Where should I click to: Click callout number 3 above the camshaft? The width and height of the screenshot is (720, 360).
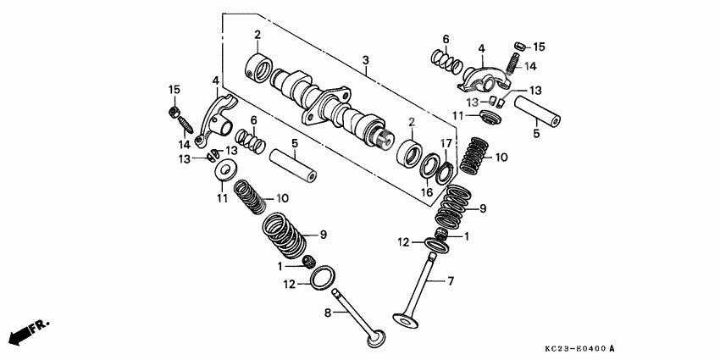click(x=365, y=61)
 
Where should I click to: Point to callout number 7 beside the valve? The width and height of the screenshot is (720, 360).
click(x=450, y=280)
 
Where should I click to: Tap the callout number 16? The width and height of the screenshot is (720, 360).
click(x=426, y=192)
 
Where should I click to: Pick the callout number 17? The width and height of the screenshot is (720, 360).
click(x=446, y=142)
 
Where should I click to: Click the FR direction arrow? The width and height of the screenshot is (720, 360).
click(x=26, y=330)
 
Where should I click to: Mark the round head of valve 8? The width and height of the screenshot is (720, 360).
click(x=374, y=338)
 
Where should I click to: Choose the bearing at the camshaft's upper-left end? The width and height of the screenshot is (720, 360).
click(x=258, y=66)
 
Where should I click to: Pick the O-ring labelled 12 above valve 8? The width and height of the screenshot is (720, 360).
click(x=323, y=276)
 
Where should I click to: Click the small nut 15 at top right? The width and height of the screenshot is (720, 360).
click(x=520, y=46)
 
